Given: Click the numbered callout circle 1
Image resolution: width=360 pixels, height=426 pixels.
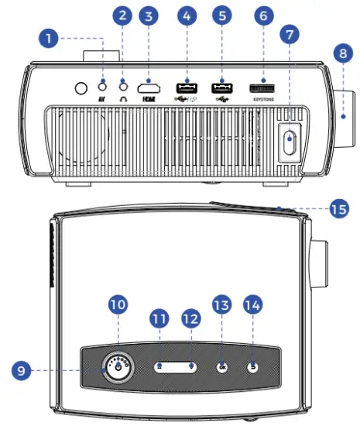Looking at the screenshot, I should point(50,36).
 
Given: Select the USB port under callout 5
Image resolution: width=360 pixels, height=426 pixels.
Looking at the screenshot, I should point(223,87).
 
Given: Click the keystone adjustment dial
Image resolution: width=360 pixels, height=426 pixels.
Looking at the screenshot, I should point(262,87).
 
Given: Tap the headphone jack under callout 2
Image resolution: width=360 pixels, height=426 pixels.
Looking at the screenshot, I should point(122,86).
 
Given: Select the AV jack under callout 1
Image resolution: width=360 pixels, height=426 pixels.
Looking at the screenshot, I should point(104,85).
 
